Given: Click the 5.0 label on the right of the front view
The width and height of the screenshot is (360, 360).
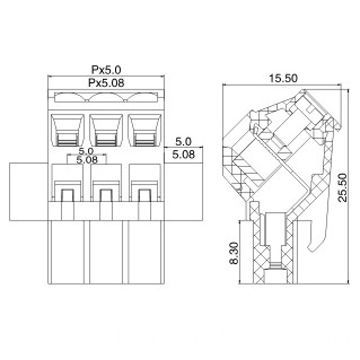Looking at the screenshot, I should (x=183, y=142).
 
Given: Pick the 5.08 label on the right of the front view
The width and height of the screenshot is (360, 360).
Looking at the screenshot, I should (x=183, y=156).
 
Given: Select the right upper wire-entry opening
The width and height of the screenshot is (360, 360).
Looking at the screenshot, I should (x=142, y=127).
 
